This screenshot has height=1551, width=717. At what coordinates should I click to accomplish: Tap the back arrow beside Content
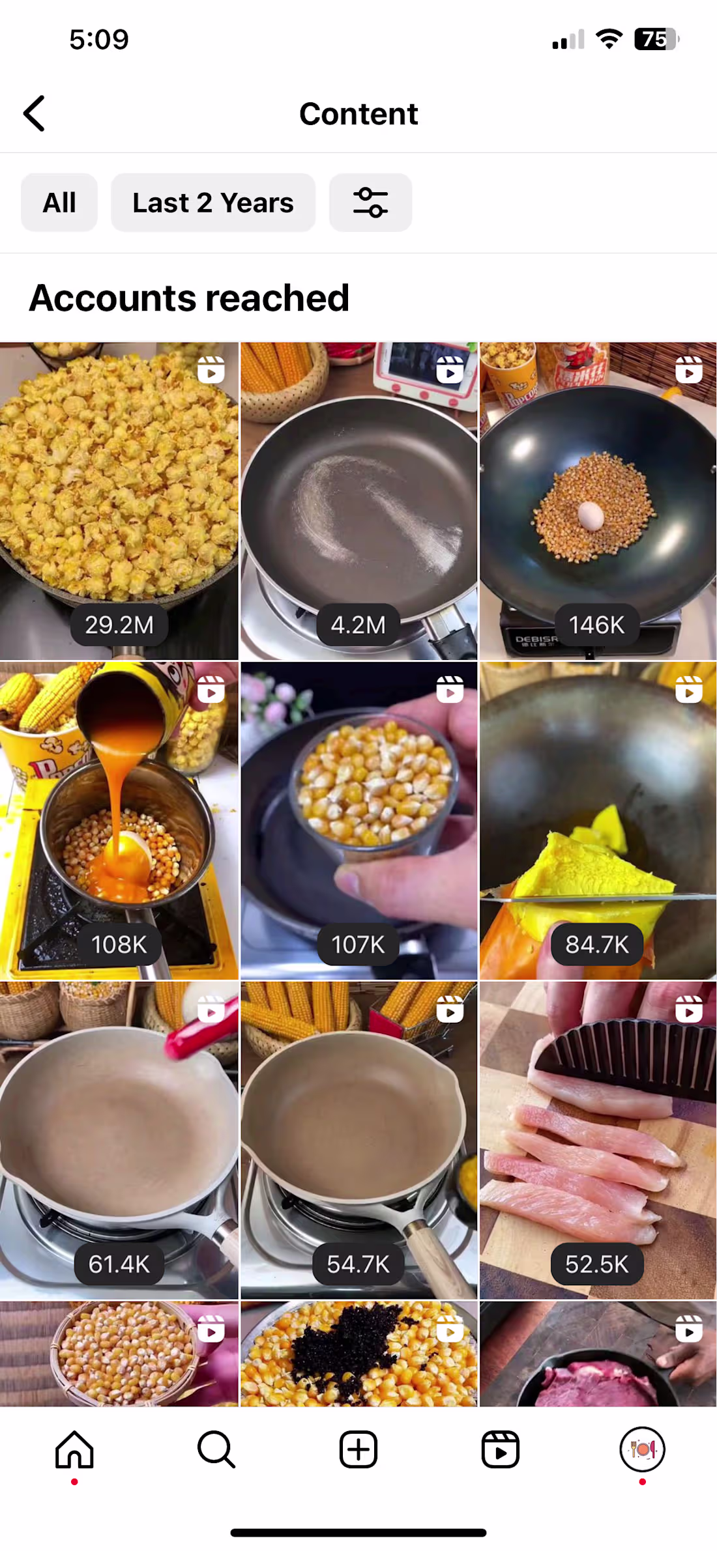[x=35, y=113]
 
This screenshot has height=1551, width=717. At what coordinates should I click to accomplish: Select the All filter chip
[x=59, y=203]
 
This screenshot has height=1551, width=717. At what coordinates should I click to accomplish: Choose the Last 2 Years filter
[x=213, y=203]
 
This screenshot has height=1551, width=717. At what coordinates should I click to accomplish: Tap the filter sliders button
[x=370, y=203]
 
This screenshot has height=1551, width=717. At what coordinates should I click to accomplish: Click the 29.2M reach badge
[x=119, y=625]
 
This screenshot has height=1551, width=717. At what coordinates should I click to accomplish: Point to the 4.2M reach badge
[x=358, y=625]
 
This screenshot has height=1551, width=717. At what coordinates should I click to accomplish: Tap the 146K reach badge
[x=597, y=625]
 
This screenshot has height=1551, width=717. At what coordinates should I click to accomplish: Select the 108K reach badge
[x=119, y=945]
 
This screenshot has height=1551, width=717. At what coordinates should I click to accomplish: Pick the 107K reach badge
[x=358, y=945]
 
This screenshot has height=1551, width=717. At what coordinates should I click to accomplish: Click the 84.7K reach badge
[x=597, y=945]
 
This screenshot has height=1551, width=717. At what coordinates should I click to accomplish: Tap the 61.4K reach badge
[x=119, y=1264]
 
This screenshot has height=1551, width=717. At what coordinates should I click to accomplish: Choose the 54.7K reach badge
[x=358, y=1264]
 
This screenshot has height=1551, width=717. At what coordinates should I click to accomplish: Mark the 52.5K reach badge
[x=597, y=1264]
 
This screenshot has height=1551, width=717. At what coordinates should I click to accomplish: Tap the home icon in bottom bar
[x=74, y=1450]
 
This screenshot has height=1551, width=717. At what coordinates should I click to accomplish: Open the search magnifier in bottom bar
[x=216, y=1450]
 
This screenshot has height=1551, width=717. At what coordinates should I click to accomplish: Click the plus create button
[x=358, y=1450]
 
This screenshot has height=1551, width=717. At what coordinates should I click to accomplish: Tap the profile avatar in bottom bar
[x=642, y=1450]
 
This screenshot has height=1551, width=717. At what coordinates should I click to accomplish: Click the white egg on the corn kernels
[x=591, y=516]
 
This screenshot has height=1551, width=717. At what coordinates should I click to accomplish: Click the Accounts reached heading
[x=189, y=298]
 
